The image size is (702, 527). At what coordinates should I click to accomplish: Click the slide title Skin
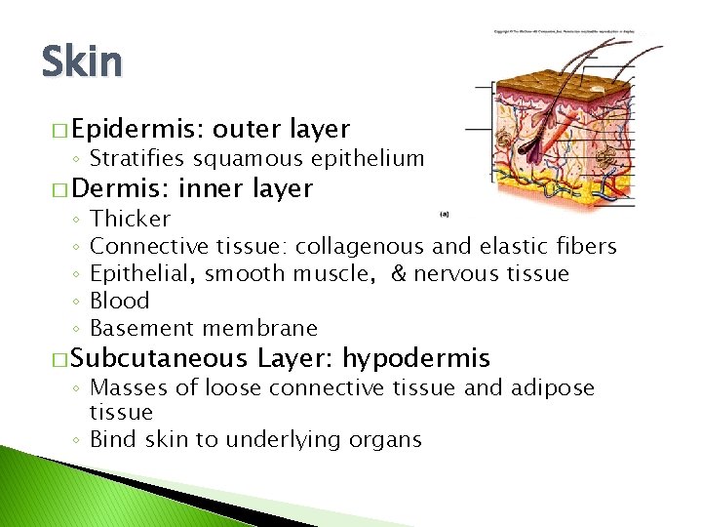(x=82, y=62)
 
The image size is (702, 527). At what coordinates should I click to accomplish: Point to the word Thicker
(x=130, y=219)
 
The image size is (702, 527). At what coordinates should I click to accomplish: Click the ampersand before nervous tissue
(x=398, y=273)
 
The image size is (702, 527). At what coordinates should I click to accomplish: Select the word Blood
(x=119, y=301)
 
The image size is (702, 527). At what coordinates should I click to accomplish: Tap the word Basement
(x=136, y=328)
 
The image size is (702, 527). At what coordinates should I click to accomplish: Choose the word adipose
(x=551, y=388)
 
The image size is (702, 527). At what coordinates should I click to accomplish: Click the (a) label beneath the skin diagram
(x=445, y=213)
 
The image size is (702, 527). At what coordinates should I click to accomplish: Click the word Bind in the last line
(x=111, y=439)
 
